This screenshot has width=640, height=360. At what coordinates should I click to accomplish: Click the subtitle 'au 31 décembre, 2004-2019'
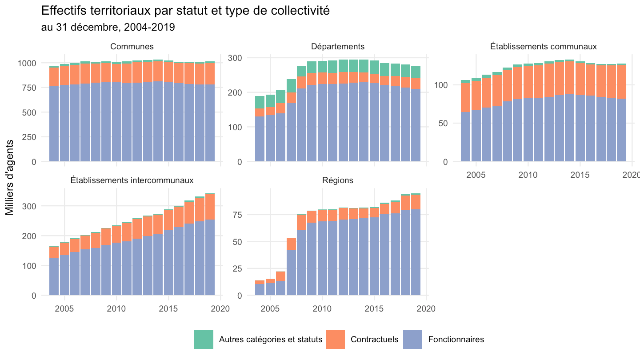click(x=108, y=27)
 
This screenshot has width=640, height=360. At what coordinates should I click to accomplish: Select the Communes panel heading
click(x=132, y=47)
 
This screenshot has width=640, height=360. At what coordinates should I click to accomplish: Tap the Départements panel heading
click(x=338, y=47)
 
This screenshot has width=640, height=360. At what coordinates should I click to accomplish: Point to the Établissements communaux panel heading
click(x=544, y=47)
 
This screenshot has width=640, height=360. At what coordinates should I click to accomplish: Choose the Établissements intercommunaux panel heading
click(x=132, y=180)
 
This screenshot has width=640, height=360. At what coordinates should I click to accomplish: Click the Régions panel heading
click(x=338, y=180)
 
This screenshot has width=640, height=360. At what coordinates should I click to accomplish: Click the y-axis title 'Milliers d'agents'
click(x=9, y=177)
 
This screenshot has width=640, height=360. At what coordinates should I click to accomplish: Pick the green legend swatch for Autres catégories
click(x=204, y=340)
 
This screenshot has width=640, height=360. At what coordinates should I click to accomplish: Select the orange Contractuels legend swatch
click(x=335, y=340)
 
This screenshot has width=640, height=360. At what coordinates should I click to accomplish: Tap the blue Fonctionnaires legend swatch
click(x=412, y=340)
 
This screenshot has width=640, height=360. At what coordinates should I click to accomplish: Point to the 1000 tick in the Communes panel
click(x=27, y=63)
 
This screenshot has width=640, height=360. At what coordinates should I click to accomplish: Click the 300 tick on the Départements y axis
click(x=235, y=58)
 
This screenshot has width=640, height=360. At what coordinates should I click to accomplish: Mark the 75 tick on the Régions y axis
click(x=237, y=215)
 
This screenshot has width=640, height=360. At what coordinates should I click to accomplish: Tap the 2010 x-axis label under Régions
click(x=322, y=309)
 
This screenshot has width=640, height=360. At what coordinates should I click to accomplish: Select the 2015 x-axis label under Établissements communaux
click(x=580, y=175)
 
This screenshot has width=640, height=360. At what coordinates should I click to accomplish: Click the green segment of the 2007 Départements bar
click(x=292, y=86)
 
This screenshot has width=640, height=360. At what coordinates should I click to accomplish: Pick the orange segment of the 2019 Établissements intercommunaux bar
click(x=210, y=207)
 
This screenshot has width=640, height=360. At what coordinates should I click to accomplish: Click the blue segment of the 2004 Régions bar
click(x=260, y=289)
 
